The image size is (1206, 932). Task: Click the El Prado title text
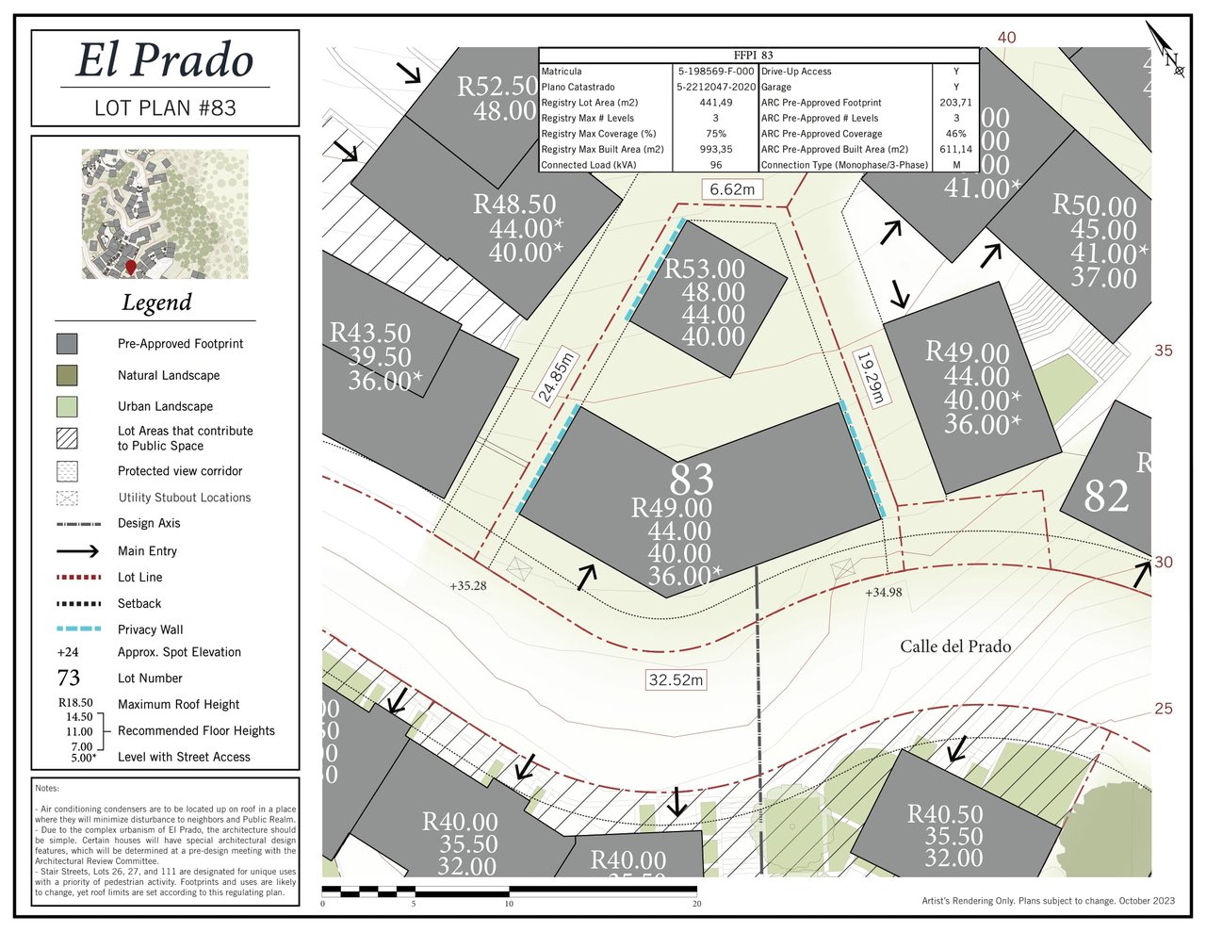165,60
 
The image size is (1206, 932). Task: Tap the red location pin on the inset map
131,268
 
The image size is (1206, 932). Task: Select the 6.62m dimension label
732,189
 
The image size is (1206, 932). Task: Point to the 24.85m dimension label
556,377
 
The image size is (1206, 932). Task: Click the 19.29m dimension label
870,377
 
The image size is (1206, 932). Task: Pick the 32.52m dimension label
676,679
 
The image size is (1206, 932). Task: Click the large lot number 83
693,480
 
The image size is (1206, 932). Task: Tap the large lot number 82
1106,496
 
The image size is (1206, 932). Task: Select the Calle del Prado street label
955,646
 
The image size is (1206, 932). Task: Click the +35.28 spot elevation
468,585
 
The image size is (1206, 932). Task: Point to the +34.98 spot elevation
883,593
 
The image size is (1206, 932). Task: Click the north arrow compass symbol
1166,53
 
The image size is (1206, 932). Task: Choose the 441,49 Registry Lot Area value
716,103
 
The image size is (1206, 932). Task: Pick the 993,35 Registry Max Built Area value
716,149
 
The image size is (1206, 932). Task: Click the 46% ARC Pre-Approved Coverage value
955,134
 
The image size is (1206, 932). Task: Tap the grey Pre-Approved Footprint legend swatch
67,344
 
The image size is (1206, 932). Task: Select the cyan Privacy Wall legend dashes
79,629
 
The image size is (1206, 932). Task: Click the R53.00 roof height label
705,270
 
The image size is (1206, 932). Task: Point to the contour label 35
1164,351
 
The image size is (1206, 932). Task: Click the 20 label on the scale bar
697,904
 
